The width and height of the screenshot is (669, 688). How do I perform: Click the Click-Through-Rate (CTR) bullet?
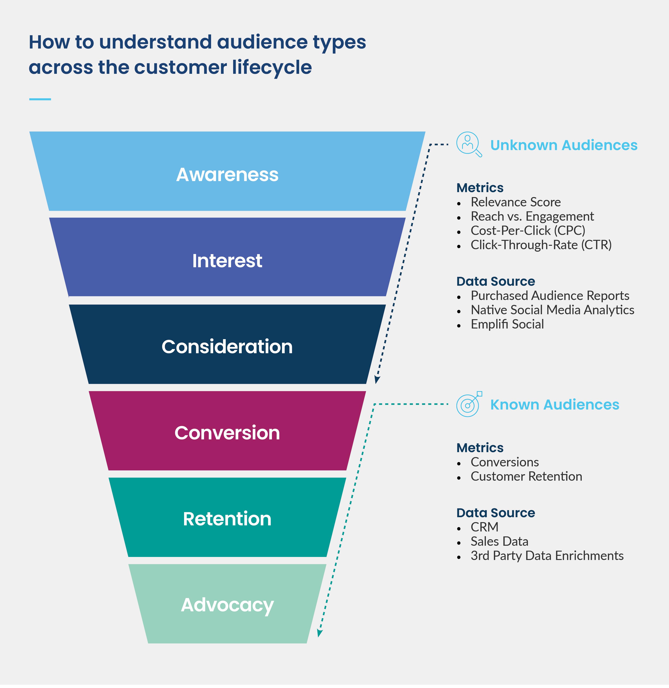541,245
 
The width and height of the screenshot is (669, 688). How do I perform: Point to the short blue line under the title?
40,99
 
